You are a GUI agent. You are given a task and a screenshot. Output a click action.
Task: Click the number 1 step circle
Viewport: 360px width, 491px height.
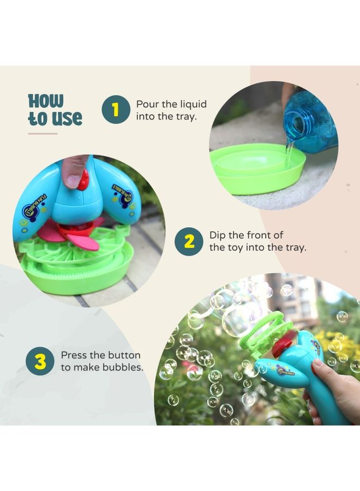(115, 110)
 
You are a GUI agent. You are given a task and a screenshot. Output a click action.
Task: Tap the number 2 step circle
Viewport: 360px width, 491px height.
(189, 242)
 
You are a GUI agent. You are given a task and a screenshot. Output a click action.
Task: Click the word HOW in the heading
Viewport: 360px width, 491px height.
(46, 101)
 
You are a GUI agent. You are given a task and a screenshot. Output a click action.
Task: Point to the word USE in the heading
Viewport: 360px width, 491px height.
(65, 118)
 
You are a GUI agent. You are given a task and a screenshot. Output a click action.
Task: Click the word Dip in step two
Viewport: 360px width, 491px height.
(219, 236)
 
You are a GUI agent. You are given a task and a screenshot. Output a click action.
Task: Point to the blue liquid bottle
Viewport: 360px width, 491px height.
(311, 122)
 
